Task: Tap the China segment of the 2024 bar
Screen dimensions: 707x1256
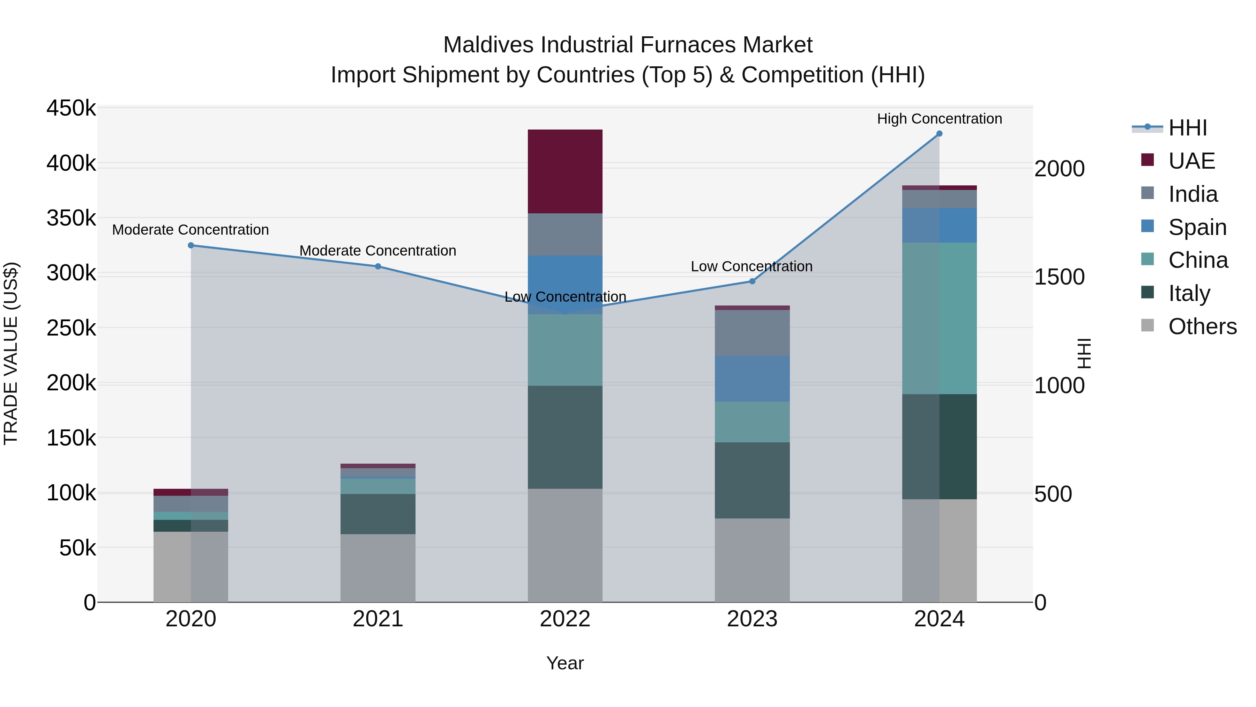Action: point(939,318)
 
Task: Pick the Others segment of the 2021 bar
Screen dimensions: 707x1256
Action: point(378,568)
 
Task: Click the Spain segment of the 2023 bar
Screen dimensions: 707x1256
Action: point(752,378)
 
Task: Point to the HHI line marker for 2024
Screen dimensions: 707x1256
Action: point(939,134)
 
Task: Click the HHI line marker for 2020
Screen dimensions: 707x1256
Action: point(190,245)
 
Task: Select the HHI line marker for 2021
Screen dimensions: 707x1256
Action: point(378,266)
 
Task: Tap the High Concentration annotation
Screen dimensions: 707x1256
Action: point(939,119)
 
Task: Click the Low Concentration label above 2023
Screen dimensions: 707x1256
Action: point(752,266)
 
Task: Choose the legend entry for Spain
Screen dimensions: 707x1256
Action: point(1197,227)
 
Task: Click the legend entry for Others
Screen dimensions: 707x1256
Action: point(1202,326)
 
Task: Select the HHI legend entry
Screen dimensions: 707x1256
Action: point(1187,128)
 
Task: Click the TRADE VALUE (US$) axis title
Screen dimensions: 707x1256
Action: point(11,353)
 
